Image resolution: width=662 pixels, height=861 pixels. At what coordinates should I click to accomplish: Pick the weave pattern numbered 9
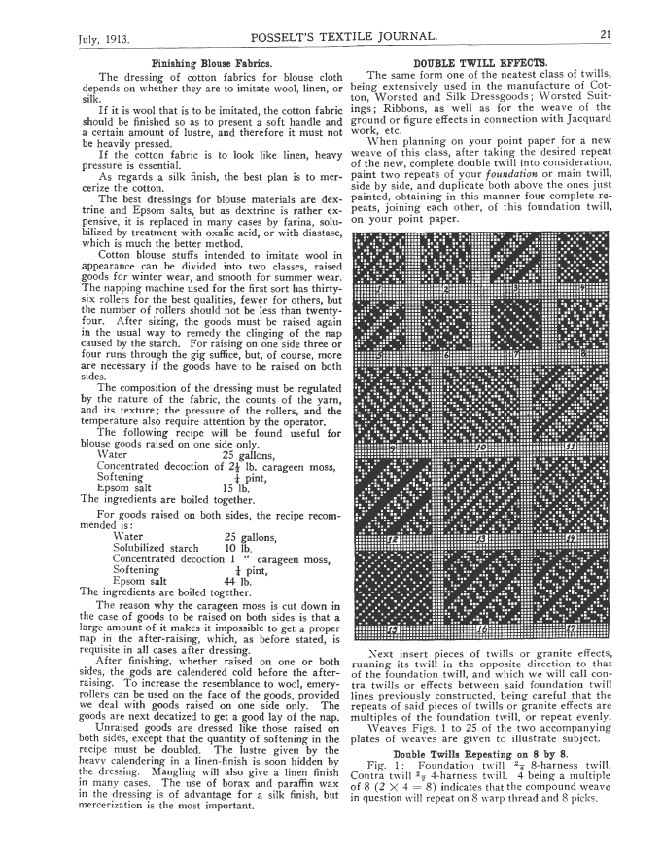pos(393,409)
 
